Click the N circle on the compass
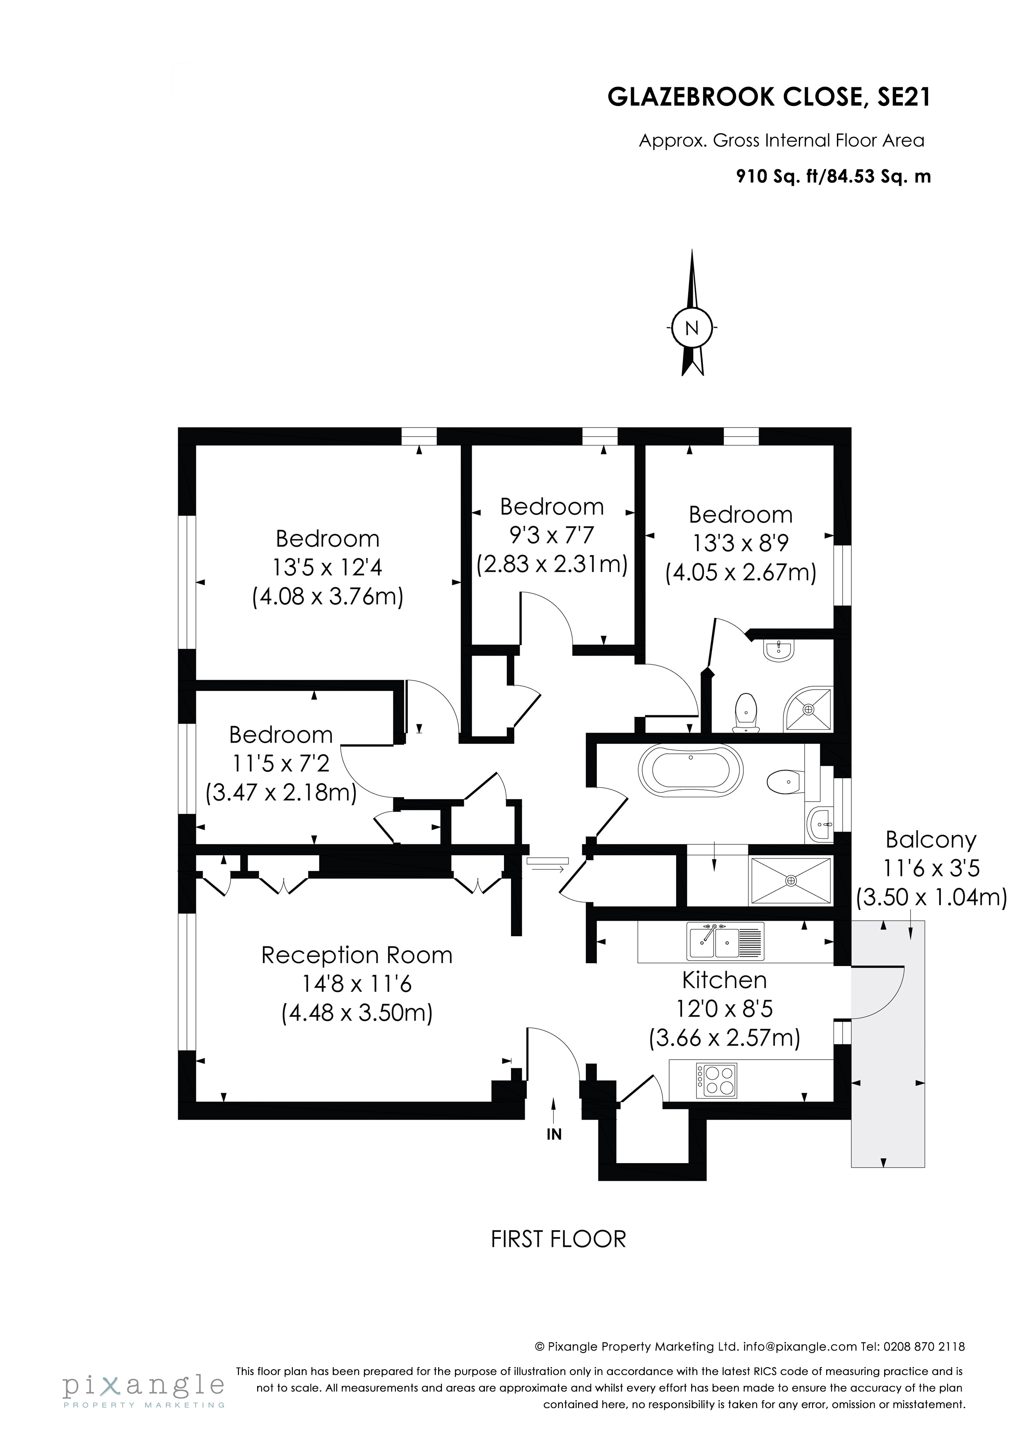692,328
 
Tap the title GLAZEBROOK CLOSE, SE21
769,97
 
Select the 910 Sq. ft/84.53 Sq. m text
833,176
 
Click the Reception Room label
357,955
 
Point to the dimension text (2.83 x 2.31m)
551,563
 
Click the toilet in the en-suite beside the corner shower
746,712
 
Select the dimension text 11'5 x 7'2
280,763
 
